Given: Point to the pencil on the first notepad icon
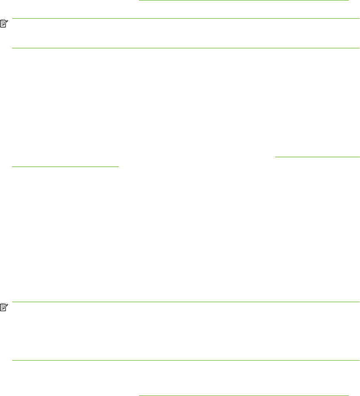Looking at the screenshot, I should (6, 23).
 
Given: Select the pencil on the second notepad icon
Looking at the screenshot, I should (6, 307).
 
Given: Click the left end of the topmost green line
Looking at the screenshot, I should (139, 0).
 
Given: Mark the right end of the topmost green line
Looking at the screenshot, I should (349, 0).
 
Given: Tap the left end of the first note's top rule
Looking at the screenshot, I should (12, 18).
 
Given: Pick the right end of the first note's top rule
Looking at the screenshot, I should (360, 18).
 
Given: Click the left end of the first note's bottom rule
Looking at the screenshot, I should (12, 48).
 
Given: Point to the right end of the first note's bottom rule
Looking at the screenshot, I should (360, 48).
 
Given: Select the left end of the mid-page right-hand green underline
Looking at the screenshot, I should (275, 156).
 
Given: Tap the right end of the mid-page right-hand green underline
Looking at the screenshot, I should (360, 156).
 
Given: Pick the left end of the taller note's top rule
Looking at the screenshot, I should (12, 302).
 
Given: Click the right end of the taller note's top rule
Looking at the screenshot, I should (360, 302).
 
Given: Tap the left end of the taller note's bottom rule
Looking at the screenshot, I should (12, 360).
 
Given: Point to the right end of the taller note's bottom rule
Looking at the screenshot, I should (360, 360).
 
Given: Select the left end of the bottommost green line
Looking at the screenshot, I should (139, 395).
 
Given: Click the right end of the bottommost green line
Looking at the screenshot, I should (349, 395).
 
